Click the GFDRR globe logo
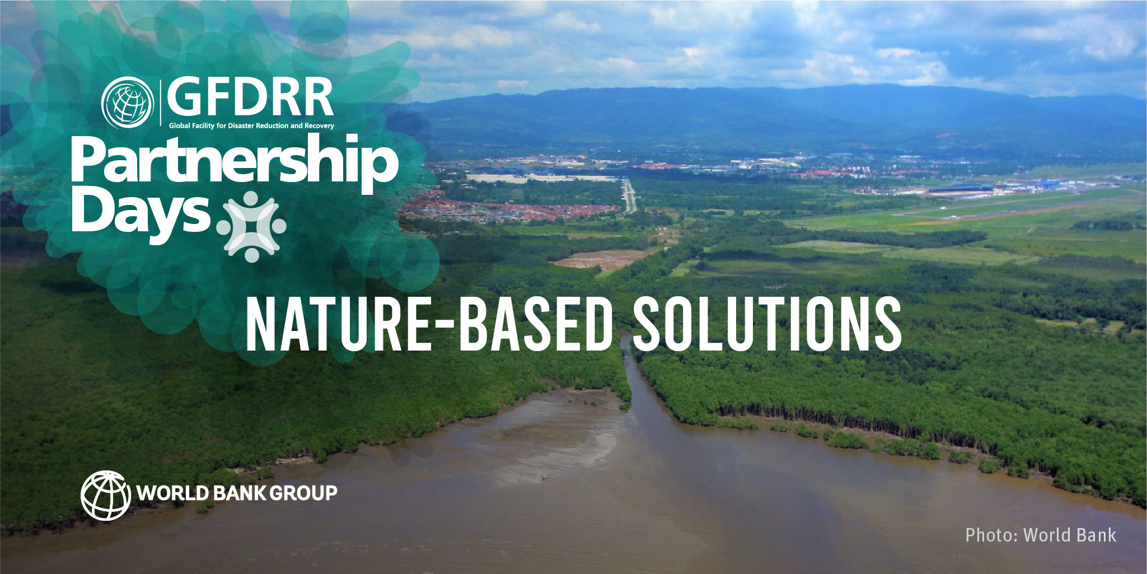pos(127,102)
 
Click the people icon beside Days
pos(251,226)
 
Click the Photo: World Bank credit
pos(1041,535)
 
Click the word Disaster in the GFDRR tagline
pos(239,126)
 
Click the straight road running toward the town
pos(630,196)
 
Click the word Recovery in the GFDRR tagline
pos(319,126)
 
